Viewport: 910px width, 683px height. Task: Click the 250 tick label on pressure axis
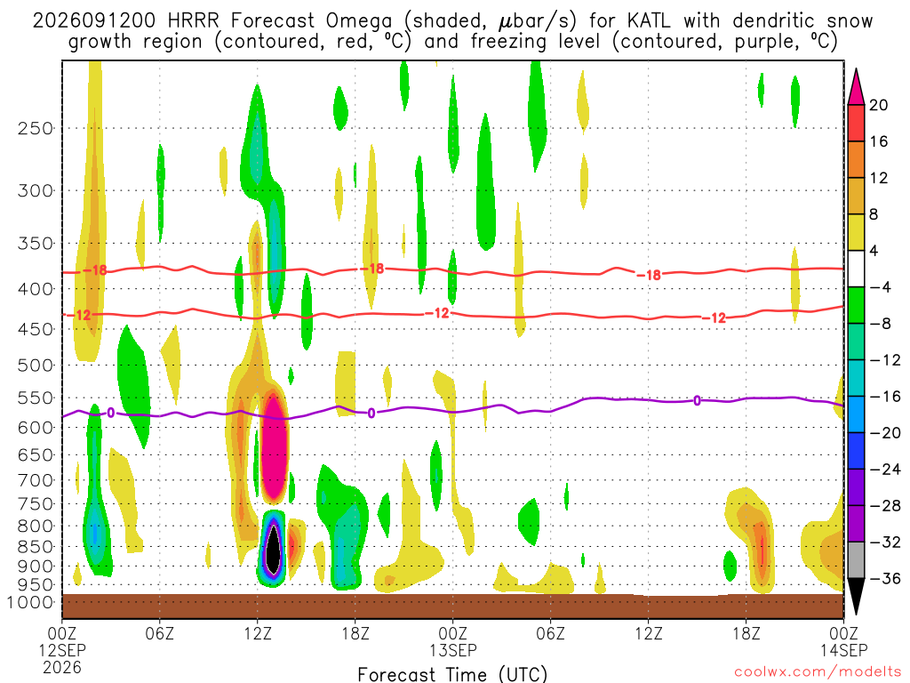(x=36, y=128)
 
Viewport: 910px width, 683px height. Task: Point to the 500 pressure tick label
(x=36, y=366)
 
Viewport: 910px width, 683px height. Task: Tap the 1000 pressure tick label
(x=30, y=602)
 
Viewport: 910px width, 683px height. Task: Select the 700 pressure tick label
(x=36, y=480)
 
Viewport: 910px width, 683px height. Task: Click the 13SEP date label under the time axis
(x=452, y=650)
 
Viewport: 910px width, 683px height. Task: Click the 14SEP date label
(x=844, y=650)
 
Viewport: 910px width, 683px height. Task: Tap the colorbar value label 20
(x=878, y=105)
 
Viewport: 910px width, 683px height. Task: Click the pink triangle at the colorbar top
(x=856, y=88)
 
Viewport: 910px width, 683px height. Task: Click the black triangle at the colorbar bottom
(x=856, y=595)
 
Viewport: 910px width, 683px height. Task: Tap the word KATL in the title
(x=648, y=21)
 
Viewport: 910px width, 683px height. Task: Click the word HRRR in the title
(x=193, y=21)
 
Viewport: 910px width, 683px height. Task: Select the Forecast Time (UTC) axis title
(x=452, y=674)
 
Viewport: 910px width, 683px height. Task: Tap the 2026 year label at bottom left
(x=62, y=667)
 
